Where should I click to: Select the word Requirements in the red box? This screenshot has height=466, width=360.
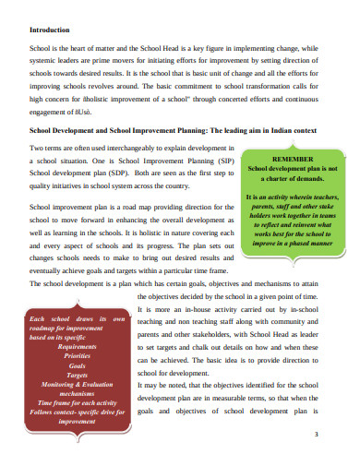pyautogui.click(x=77, y=346)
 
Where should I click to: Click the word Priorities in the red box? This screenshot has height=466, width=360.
pyautogui.click(x=77, y=355)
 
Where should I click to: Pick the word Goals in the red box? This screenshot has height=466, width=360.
pyautogui.click(x=77, y=365)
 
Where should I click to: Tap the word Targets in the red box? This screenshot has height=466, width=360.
pyautogui.click(x=77, y=375)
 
